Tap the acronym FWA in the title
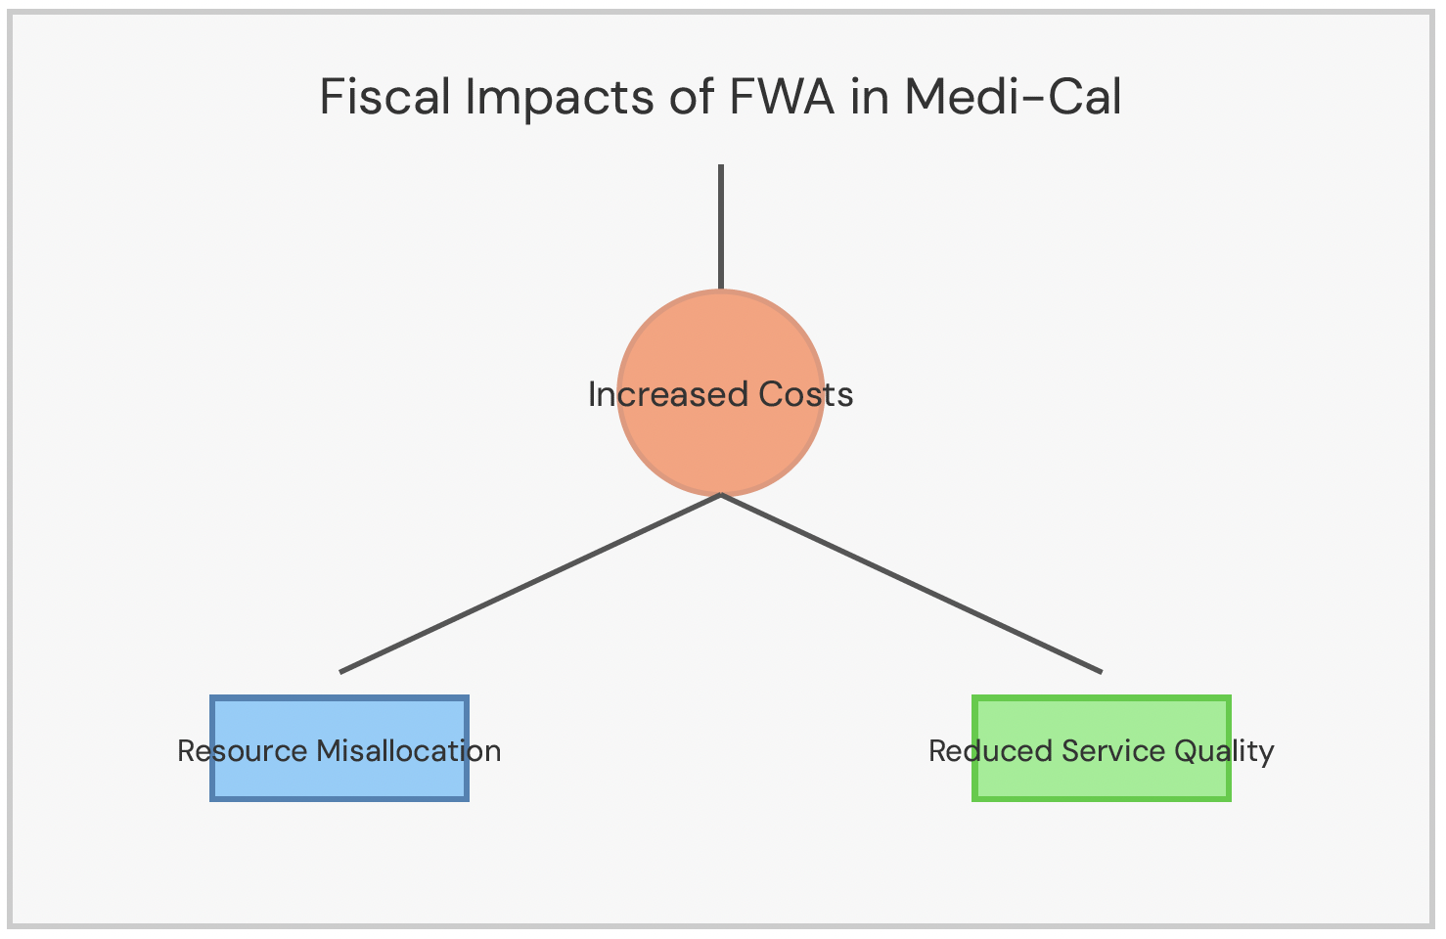click(781, 98)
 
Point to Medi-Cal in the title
click(1013, 98)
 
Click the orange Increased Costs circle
click(721, 440)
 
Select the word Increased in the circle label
click(655, 394)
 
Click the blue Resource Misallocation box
click(339, 778)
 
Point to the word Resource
click(242, 751)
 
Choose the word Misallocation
click(408, 751)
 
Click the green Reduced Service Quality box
click(1102, 778)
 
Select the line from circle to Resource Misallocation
click(530, 583)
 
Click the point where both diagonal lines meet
click(721, 495)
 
